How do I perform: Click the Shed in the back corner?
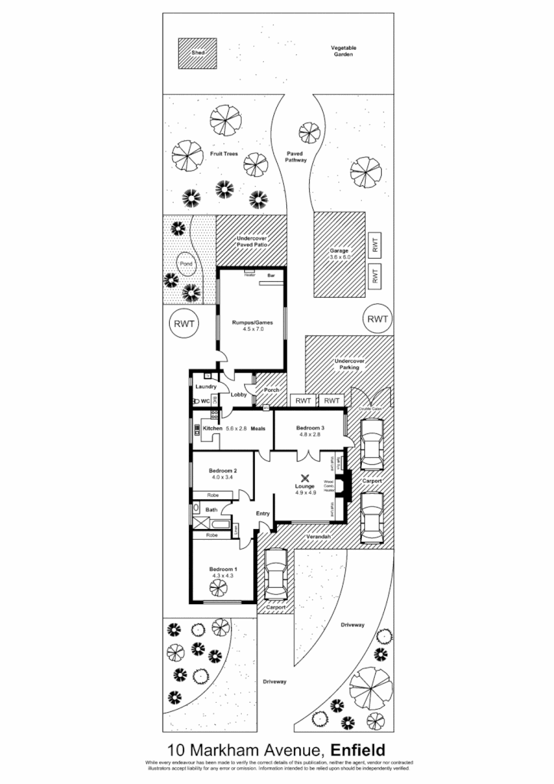[198, 53]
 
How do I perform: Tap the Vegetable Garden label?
[344, 51]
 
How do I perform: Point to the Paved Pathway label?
[296, 157]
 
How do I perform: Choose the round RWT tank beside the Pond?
[184, 324]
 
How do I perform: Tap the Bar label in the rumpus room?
[271, 274]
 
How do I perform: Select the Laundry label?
[207, 387]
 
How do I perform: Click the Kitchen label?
[212, 428]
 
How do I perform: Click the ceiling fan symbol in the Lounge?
[305, 478]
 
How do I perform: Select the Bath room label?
[210, 509]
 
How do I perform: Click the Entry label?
[262, 514]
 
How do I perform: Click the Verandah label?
[319, 537]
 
